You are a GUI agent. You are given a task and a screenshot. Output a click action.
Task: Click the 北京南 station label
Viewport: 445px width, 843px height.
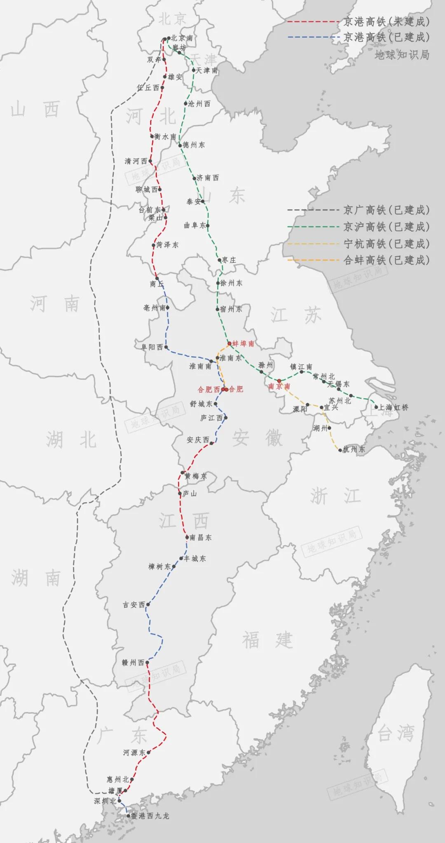(182, 38)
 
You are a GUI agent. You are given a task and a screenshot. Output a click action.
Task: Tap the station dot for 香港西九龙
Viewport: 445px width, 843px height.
(128, 815)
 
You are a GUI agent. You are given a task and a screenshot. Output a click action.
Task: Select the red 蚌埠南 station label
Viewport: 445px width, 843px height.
(243, 343)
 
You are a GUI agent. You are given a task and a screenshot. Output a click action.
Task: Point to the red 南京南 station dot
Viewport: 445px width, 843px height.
(279, 380)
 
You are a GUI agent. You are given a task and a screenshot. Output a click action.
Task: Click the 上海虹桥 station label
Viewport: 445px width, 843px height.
(393, 407)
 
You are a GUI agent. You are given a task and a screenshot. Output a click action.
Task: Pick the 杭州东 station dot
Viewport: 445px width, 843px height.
(340, 450)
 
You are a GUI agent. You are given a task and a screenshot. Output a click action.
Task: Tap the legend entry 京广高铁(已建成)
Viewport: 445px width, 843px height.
(386, 210)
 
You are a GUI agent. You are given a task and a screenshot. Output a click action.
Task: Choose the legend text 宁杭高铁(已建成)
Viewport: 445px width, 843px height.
(386, 244)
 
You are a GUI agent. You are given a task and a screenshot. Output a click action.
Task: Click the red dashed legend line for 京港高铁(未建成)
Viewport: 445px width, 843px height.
(313, 21)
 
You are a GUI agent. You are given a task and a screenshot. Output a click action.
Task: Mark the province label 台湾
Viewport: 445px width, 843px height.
(396, 733)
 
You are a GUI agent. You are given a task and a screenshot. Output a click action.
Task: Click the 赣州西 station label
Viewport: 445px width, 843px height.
(133, 663)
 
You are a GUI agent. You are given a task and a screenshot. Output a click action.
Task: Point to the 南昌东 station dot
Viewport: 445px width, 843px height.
(187, 537)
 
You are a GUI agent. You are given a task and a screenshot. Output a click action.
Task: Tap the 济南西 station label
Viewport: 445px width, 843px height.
(208, 178)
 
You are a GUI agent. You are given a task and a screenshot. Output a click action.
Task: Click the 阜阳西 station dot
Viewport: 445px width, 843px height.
(166, 347)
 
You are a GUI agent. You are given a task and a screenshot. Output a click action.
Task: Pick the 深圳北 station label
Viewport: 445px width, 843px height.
(105, 801)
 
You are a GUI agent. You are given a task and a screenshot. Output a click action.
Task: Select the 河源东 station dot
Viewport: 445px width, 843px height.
(148, 752)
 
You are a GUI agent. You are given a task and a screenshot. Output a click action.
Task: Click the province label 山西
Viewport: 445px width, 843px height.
(35, 110)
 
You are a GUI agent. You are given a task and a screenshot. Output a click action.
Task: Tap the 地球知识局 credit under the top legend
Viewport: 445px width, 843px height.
(402, 54)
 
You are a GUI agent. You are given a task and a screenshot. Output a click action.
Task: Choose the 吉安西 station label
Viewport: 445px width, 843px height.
(134, 604)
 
